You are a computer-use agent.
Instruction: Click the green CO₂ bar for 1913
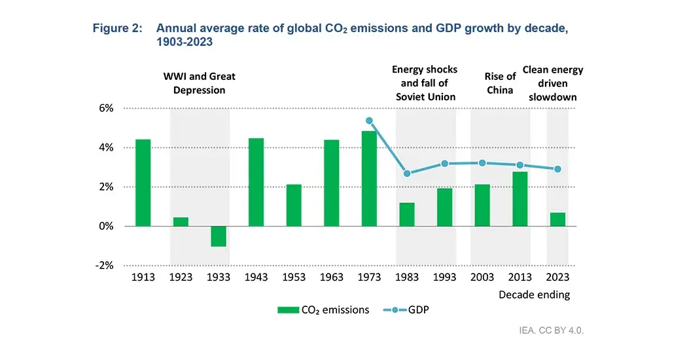pos(143,183)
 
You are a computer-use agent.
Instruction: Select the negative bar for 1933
pos(219,236)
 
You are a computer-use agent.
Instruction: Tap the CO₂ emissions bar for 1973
pos(369,179)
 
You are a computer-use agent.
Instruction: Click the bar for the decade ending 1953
pos(294,206)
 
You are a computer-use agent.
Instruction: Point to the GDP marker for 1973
pos(369,121)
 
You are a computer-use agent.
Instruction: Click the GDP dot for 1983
pos(407,173)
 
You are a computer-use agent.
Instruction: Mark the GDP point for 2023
pos(557,169)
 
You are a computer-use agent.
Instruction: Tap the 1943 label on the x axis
pos(256,277)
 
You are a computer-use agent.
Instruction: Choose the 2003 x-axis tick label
pos(482,277)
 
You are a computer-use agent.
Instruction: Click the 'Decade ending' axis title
pos(534,295)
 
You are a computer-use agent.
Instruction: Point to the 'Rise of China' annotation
pos(501,83)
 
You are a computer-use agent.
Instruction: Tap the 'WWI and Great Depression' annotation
pos(199,83)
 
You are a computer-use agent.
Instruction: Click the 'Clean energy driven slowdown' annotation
pos(557,83)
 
